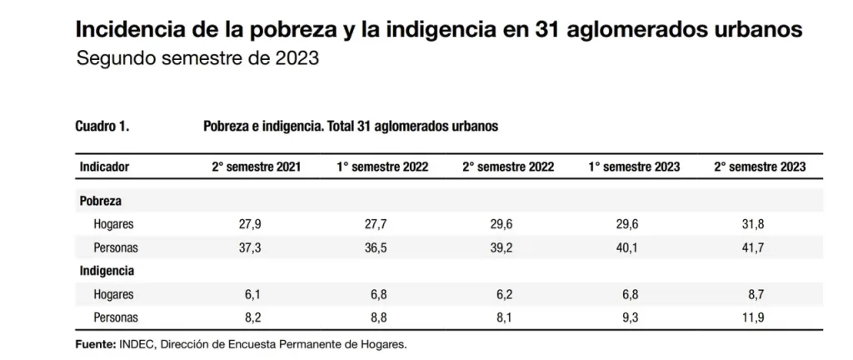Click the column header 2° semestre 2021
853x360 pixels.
256,167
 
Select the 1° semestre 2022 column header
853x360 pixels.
382,167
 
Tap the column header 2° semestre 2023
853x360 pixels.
760,167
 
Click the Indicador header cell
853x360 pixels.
104,167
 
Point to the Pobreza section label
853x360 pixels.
101,202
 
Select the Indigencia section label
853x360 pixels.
107,271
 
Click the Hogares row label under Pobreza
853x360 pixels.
113,225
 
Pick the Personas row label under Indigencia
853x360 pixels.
116,317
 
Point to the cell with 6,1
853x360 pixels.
257,294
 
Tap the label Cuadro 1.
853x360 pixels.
102,127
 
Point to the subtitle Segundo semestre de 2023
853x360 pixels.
198,60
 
